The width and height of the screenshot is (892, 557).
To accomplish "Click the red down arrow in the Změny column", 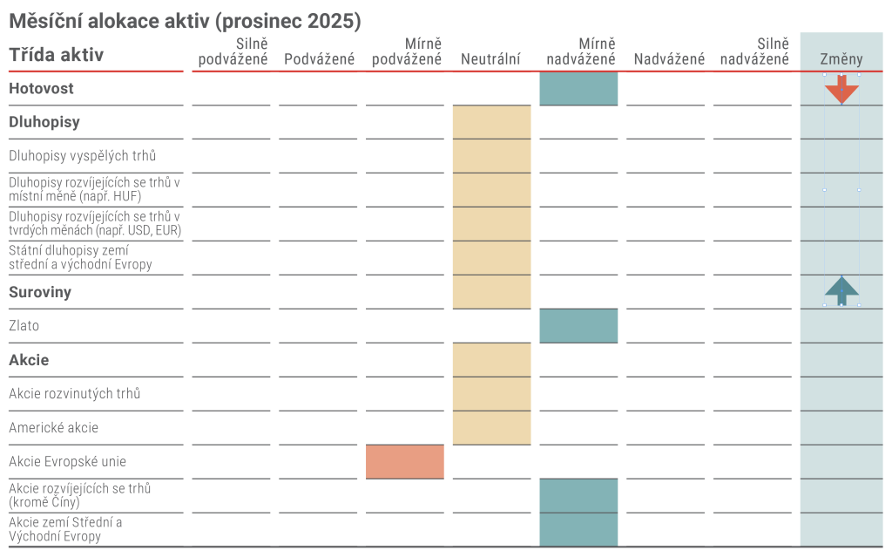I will [x=841, y=89].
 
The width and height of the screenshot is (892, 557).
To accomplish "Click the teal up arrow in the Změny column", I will [x=841, y=290].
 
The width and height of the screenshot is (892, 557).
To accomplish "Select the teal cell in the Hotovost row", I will [x=578, y=89].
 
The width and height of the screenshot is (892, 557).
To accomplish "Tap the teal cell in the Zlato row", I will [x=578, y=326].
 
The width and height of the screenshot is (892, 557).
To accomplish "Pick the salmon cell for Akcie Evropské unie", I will [x=404, y=462].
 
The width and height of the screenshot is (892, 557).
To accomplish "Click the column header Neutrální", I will [x=490, y=59].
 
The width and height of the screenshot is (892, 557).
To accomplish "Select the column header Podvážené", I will [x=319, y=59].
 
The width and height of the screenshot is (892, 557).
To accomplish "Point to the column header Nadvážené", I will [x=669, y=59].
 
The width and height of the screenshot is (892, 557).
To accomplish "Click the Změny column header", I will [x=841, y=59].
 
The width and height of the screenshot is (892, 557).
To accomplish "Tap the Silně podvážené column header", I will [x=233, y=51].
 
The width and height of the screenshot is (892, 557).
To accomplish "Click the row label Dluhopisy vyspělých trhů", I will [x=83, y=156].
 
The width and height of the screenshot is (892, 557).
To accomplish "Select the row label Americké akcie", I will [x=53, y=428].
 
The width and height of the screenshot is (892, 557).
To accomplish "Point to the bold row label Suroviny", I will [x=40, y=292].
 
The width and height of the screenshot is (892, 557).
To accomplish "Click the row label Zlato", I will [x=24, y=326].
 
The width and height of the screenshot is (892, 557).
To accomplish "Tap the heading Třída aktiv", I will [x=56, y=55].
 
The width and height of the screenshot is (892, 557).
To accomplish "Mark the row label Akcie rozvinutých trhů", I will [x=74, y=394].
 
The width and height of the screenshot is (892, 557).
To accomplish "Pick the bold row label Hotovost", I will [x=41, y=88].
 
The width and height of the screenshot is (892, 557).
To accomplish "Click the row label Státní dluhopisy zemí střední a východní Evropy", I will [x=80, y=257].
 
